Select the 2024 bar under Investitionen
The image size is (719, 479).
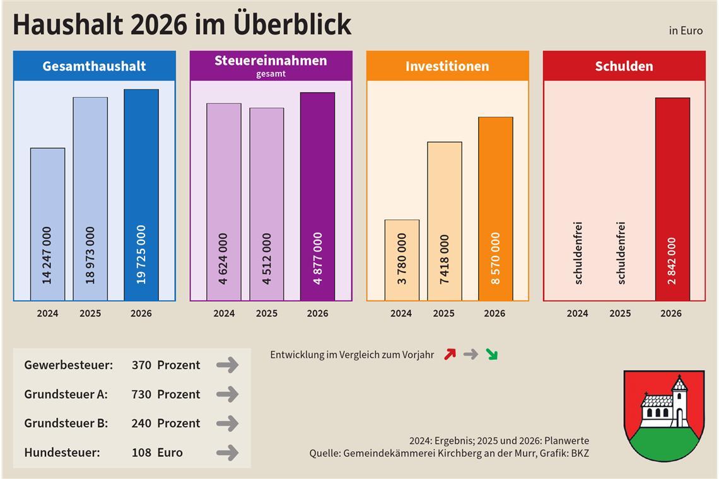click(402, 260)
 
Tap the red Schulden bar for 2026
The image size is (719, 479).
click(672, 199)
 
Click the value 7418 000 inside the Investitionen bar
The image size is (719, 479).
click(445, 258)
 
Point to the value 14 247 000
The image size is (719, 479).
click(47, 255)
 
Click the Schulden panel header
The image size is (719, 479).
click(624, 66)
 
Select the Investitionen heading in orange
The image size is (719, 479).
click(447, 66)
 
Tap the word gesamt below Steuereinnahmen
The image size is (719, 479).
click(271, 74)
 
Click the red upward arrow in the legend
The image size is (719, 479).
click(450, 354)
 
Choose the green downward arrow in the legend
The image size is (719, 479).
click(491, 354)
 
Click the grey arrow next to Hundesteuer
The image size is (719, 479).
click(227, 453)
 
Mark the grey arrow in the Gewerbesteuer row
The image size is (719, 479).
click(227, 365)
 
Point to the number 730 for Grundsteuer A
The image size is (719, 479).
click(141, 395)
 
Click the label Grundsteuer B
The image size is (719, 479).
click(66, 424)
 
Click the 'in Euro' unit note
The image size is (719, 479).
click(686, 31)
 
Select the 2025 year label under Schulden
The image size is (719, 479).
click(620, 313)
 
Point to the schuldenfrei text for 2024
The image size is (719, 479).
click(578, 253)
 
